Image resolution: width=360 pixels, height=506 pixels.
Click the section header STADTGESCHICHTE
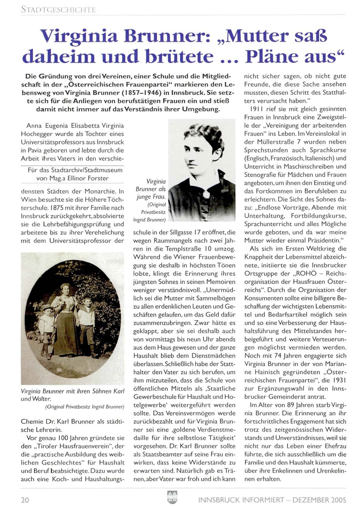click(x=58, y=10)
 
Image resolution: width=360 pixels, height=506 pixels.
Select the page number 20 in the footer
click(x=25, y=500)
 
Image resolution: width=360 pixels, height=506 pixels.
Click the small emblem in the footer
click(x=172, y=497)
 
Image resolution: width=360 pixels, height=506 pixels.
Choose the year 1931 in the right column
click(x=339, y=380)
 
